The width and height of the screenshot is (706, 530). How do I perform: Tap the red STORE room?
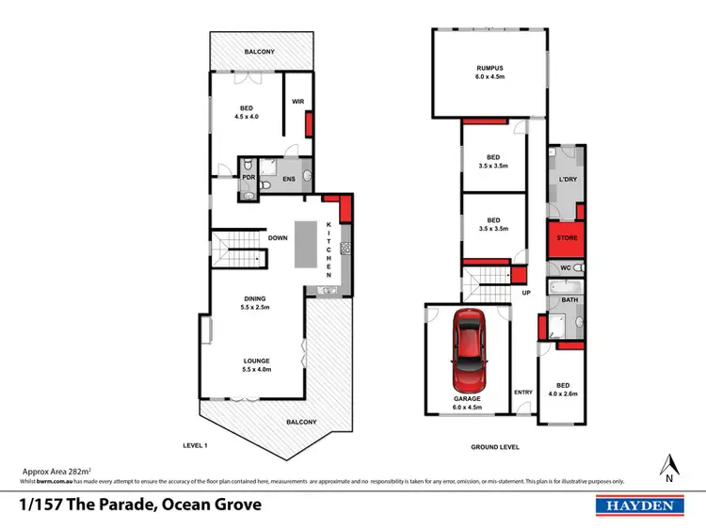click(x=567, y=238)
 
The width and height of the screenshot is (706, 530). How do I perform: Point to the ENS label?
click(x=289, y=177)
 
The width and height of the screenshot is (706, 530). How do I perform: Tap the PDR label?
click(x=249, y=177)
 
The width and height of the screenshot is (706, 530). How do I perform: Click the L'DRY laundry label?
click(x=568, y=179)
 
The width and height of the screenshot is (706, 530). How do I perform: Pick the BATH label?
click(x=570, y=300)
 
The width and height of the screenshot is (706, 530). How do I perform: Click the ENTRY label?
click(x=522, y=393)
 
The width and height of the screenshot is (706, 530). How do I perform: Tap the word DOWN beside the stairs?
click(x=278, y=238)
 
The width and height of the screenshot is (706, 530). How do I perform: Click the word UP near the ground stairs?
click(x=526, y=293)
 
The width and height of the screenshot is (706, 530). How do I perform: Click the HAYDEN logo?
click(x=637, y=506)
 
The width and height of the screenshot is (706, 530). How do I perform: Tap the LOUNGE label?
click(x=256, y=364)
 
